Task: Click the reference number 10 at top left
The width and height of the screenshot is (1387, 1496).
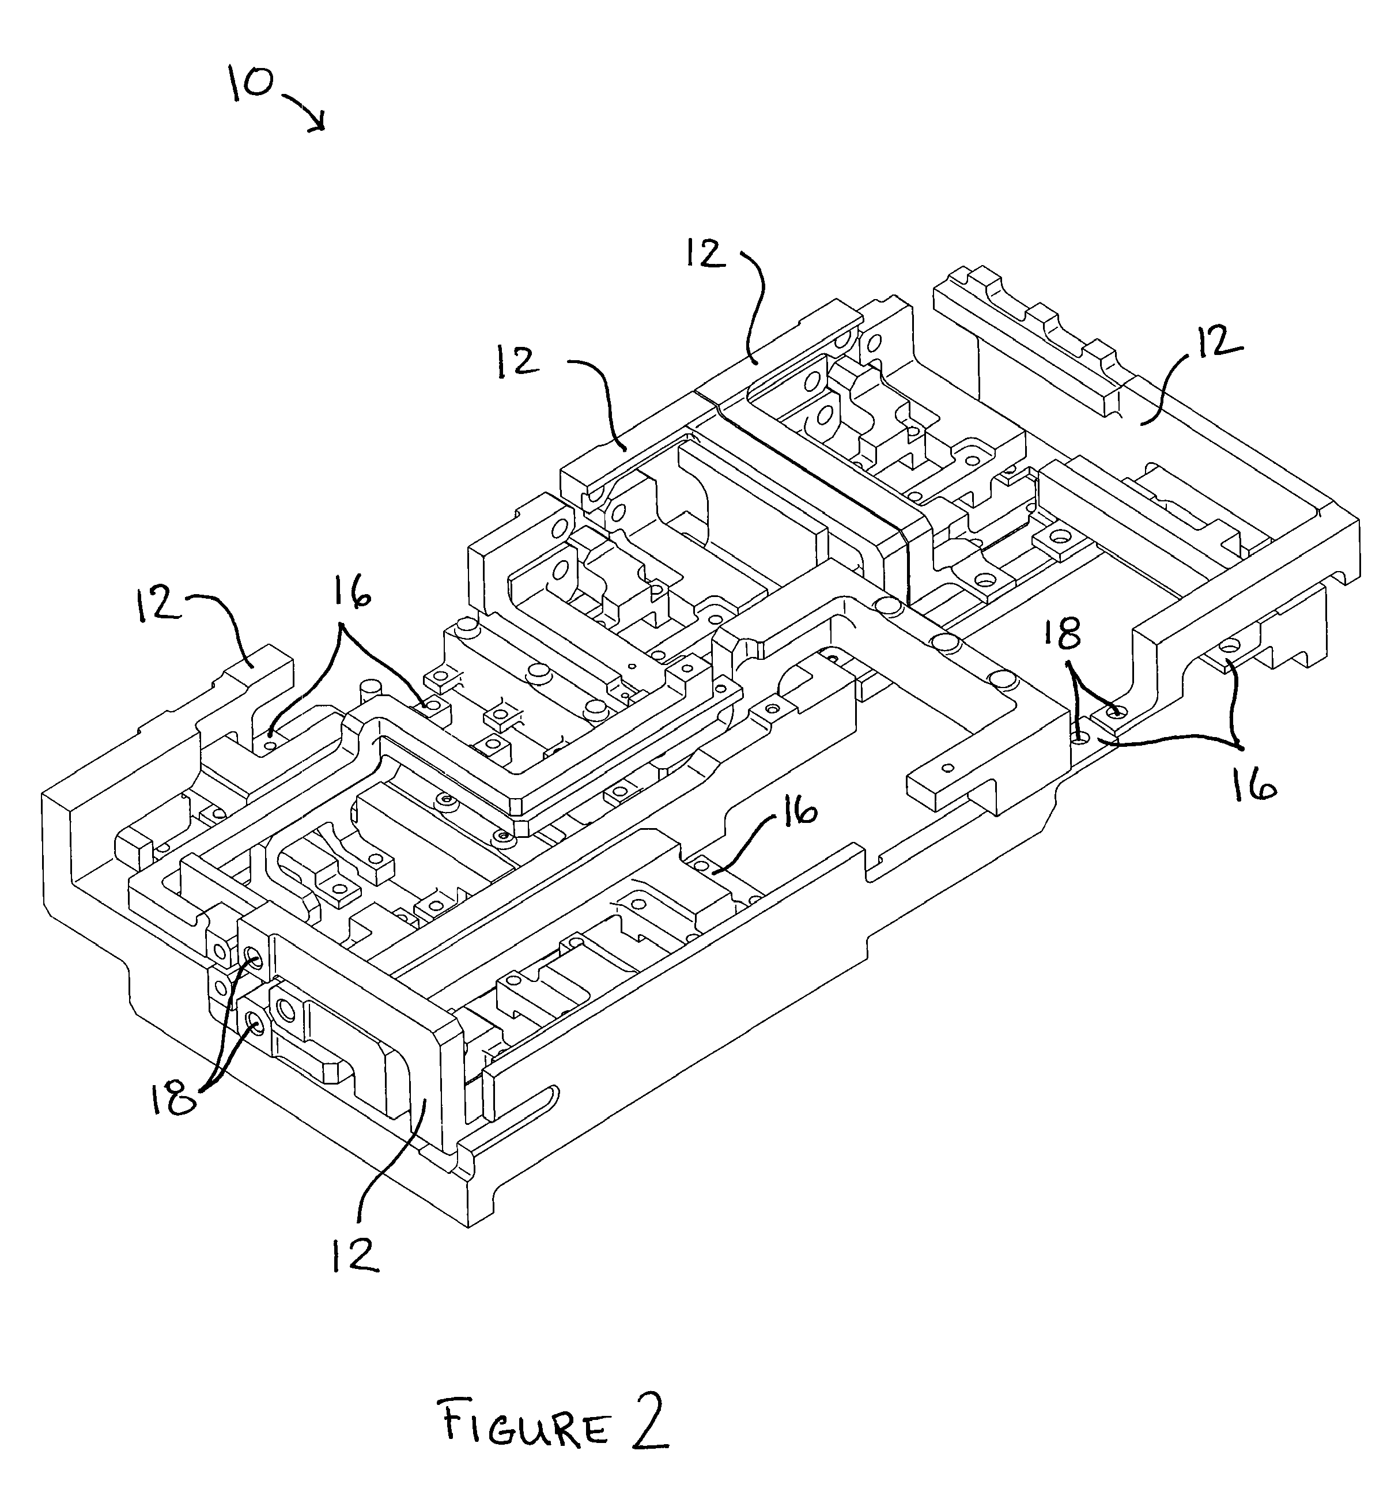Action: coord(251,84)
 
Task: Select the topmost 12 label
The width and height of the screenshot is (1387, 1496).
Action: coord(705,253)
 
